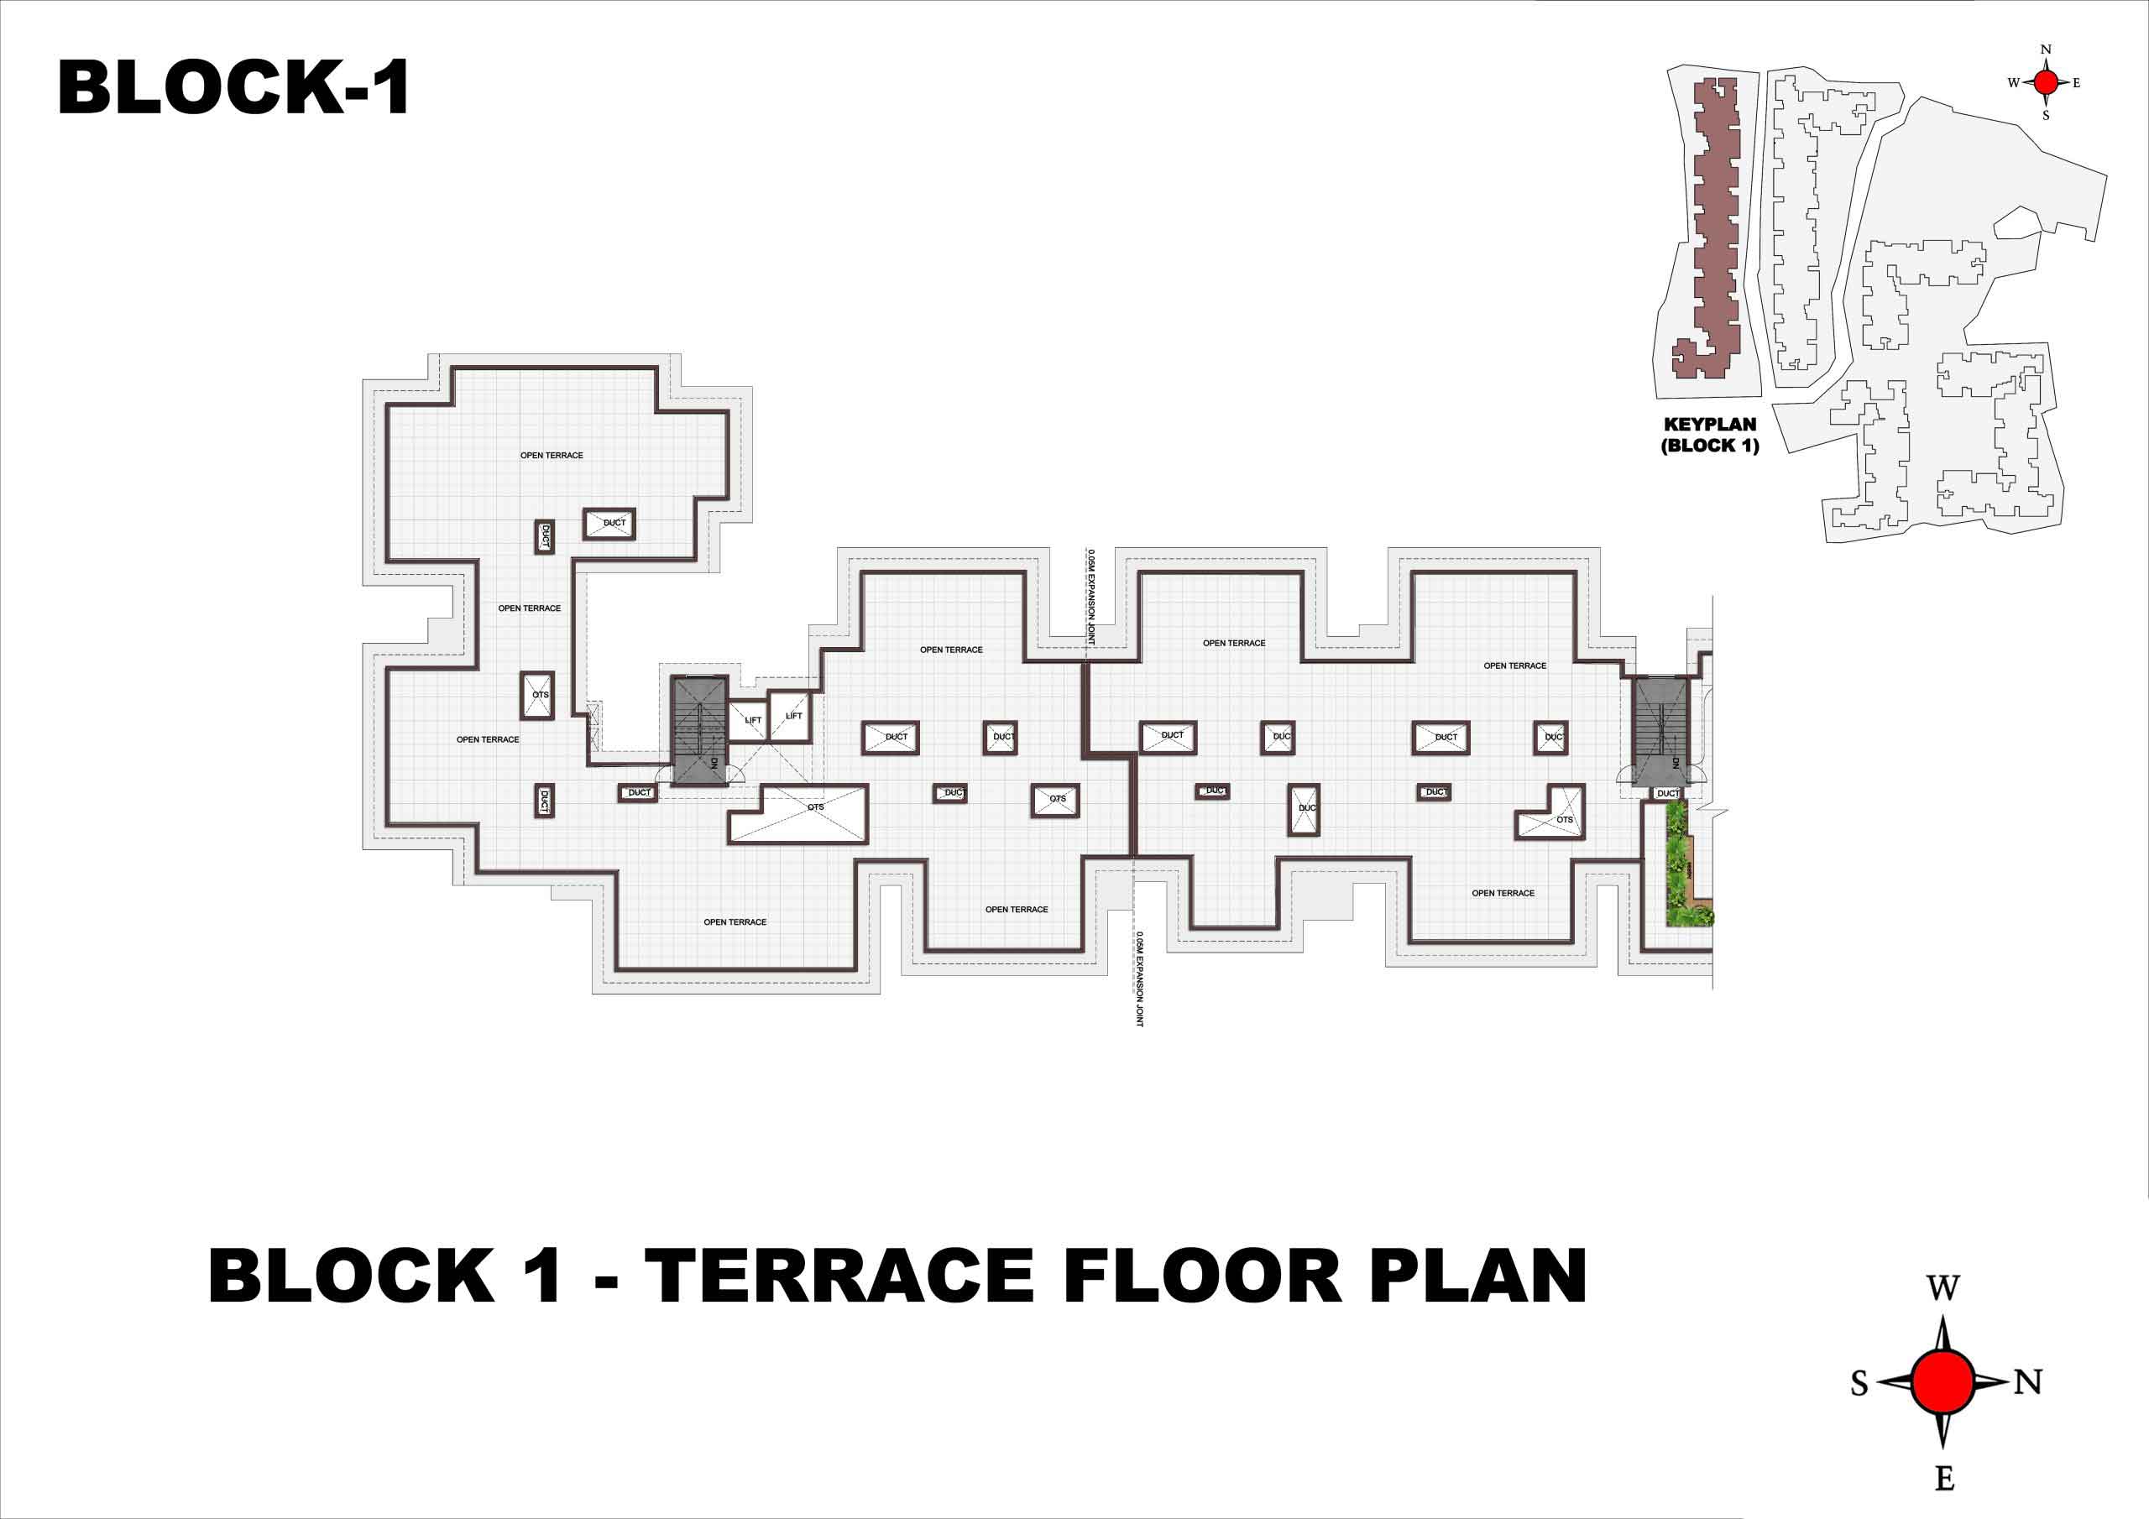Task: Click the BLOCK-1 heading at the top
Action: [233, 87]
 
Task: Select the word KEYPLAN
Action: [1710, 424]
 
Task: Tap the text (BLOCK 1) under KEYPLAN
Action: [1710, 446]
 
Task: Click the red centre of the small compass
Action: [2046, 82]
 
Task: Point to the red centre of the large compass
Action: [1943, 1381]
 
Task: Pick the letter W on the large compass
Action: [1943, 1288]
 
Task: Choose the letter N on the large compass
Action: [2027, 1381]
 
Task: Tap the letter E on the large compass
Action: [1944, 1478]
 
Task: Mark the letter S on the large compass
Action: [1859, 1382]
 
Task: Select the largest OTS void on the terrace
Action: [798, 814]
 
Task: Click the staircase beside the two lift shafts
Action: [700, 730]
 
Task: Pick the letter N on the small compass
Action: [2046, 50]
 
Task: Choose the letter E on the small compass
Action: [2077, 82]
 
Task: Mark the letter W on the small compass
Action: [2014, 82]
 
